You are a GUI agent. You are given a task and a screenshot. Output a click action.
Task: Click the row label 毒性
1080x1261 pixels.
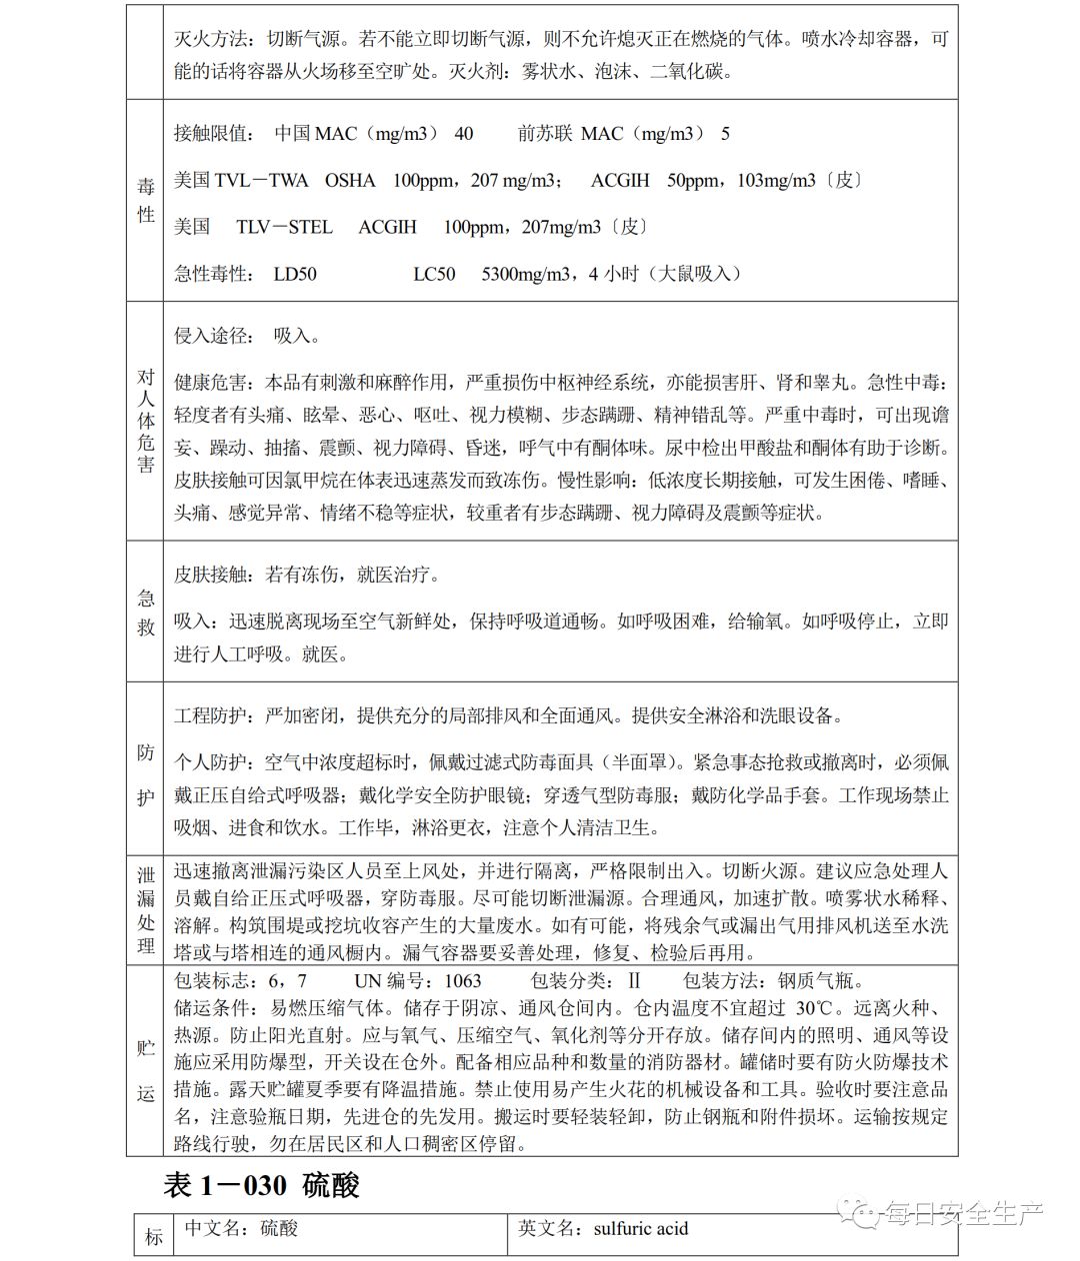click(x=146, y=200)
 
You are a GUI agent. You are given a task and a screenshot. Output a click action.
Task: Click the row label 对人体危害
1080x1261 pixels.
click(x=146, y=421)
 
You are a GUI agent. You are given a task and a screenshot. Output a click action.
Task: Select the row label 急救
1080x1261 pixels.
click(x=146, y=612)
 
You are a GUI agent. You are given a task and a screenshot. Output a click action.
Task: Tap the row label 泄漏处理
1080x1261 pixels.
click(x=146, y=909)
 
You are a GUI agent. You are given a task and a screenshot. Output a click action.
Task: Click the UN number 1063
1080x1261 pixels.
click(x=459, y=980)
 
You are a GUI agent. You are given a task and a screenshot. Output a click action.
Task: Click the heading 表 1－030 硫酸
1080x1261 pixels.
click(x=261, y=1186)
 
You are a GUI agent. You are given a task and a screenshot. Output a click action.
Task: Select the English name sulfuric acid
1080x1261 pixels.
click(x=640, y=1228)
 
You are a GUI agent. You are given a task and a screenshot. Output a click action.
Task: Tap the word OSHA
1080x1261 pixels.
click(x=350, y=181)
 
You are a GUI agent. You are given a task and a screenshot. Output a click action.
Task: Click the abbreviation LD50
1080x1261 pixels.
click(x=295, y=274)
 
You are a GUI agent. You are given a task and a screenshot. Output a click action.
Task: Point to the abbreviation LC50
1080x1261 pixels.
click(x=434, y=274)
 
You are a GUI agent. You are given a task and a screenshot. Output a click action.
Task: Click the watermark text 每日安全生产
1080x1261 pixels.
click(x=963, y=1214)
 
